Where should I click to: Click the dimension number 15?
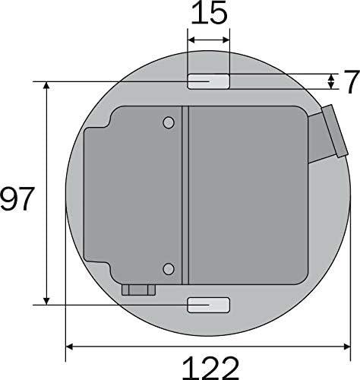[209, 13]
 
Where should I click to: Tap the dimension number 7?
[352, 81]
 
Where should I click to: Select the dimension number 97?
[17, 198]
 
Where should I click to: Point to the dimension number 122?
[210, 368]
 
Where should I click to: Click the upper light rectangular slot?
[208, 81]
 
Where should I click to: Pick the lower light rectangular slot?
[208, 305]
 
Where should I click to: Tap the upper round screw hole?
[169, 123]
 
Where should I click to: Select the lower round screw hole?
[169, 269]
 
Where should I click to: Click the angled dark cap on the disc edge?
[335, 131]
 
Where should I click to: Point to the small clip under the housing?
[138, 290]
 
